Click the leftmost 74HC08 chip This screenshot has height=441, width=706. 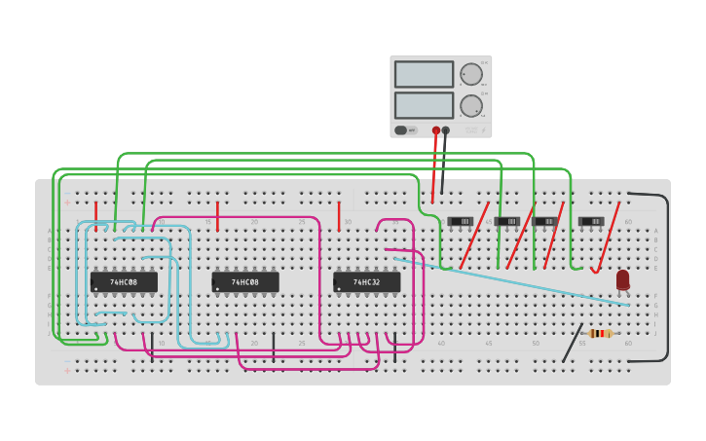point(124,282)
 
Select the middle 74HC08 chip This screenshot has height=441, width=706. point(245,282)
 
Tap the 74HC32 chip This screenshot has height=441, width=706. point(366,282)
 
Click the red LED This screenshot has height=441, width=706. point(622,280)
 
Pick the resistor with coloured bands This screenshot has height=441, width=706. point(600,333)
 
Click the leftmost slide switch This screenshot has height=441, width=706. point(460,221)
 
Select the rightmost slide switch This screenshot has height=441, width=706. point(591,221)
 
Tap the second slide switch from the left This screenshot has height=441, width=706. point(506,221)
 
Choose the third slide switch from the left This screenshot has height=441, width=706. point(546,221)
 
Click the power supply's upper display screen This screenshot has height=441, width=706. point(424,74)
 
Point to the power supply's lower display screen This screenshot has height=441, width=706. point(424,105)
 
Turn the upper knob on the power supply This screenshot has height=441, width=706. point(471,74)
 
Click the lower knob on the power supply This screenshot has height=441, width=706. point(471,105)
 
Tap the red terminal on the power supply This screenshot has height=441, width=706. point(436,129)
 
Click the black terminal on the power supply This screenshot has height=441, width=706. point(446,129)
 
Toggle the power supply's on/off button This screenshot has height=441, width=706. point(401,129)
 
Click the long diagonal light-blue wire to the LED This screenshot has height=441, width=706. point(516,282)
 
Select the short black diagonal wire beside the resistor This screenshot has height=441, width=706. point(573,343)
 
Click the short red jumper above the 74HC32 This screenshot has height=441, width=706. point(339,216)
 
